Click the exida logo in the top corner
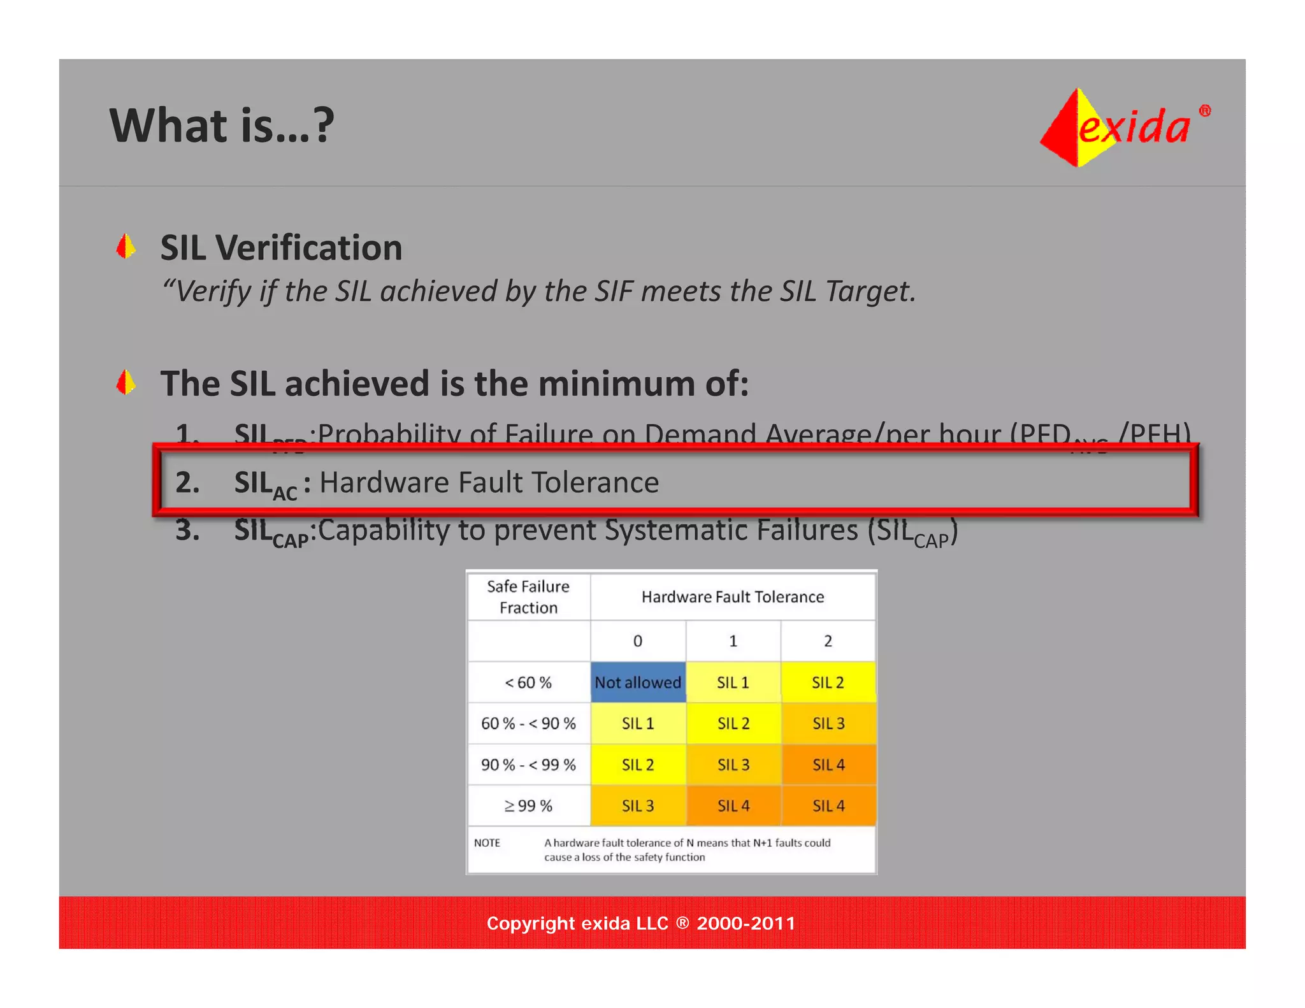click(x=1125, y=127)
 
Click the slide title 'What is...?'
click(x=222, y=126)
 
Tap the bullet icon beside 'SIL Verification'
click(x=126, y=247)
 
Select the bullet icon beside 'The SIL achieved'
click(x=126, y=382)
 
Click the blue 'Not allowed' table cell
click(x=638, y=682)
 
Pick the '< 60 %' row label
click(x=528, y=682)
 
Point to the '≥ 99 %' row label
click(x=528, y=806)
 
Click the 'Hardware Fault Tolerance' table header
click(x=733, y=597)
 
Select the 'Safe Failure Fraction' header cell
click(x=528, y=597)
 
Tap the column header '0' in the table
click(x=638, y=641)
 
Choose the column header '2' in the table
click(x=828, y=641)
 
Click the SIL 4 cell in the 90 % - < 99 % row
click(x=828, y=765)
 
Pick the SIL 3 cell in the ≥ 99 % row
click(x=638, y=806)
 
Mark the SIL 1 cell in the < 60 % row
click(x=733, y=682)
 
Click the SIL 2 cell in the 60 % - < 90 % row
click(x=733, y=724)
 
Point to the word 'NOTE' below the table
click(x=487, y=843)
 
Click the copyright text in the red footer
click(x=641, y=923)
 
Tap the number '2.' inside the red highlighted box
click(x=187, y=482)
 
